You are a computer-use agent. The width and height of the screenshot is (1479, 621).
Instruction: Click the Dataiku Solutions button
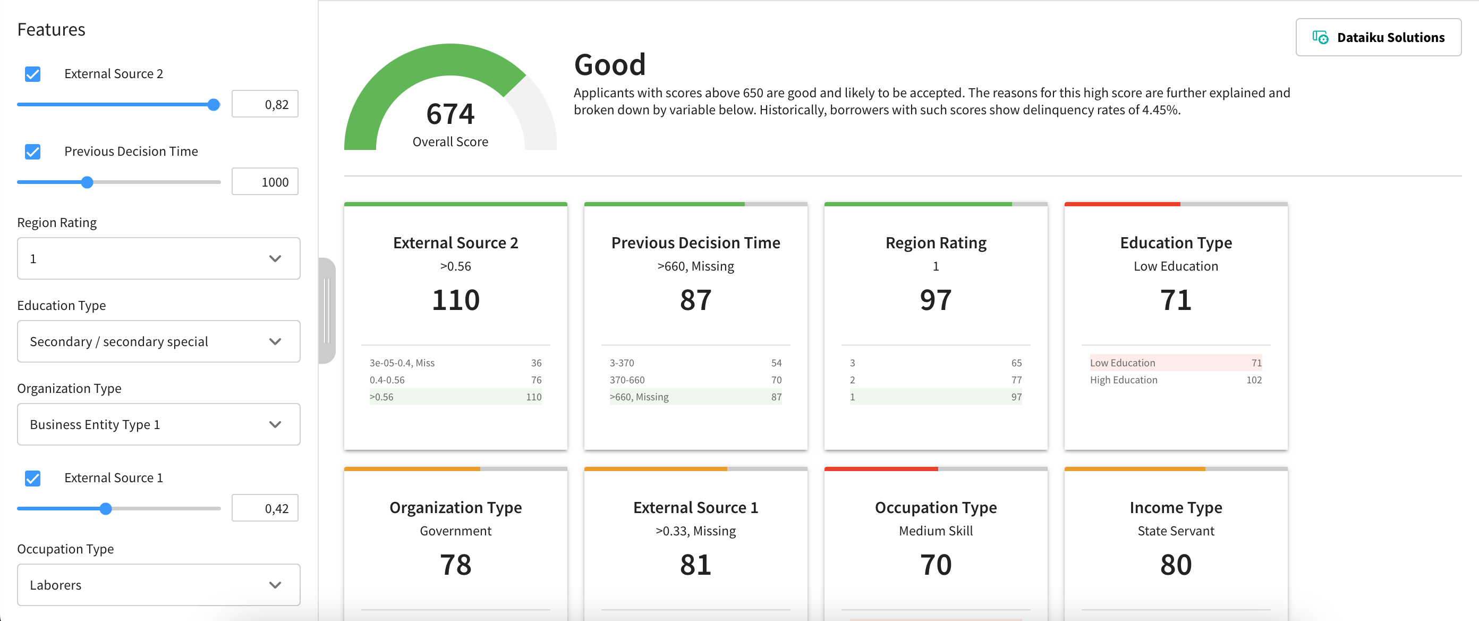click(x=1378, y=37)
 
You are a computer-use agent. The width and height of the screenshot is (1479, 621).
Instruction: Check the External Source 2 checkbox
click(x=33, y=74)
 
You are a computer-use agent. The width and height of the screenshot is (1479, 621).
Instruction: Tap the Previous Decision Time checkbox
click(x=33, y=152)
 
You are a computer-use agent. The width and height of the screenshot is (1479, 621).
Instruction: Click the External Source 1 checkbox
click(x=33, y=478)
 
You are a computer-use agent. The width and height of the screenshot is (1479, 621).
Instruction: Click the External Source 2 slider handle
click(x=214, y=105)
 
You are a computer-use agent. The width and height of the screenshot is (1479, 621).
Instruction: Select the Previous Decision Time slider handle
click(x=87, y=182)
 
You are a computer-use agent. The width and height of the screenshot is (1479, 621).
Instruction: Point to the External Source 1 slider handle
click(x=106, y=508)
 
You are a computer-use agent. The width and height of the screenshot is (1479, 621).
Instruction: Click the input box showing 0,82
click(x=265, y=105)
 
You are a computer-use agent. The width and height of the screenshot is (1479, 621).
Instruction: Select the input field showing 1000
click(x=265, y=182)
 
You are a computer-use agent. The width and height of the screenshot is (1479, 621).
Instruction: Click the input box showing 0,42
click(x=265, y=508)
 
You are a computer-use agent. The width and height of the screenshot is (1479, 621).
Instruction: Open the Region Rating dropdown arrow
click(x=275, y=258)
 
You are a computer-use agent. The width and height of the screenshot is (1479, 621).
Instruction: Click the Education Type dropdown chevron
click(x=275, y=341)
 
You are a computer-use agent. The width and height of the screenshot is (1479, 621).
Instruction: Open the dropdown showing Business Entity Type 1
click(x=158, y=424)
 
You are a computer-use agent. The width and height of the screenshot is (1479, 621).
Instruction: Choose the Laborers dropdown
click(x=158, y=585)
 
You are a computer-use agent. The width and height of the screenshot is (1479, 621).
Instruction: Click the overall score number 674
click(x=450, y=114)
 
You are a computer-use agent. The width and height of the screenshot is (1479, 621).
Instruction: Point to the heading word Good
click(x=610, y=64)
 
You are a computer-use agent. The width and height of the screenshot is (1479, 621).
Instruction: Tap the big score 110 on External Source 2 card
click(x=455, y=300)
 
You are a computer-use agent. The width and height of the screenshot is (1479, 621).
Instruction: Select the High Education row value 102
click(x=1253, y=380)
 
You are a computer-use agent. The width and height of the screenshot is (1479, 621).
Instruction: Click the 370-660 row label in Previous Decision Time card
click(x=627, y=380)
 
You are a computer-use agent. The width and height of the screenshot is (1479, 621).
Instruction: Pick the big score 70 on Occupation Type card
click(x=936, y=565)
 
